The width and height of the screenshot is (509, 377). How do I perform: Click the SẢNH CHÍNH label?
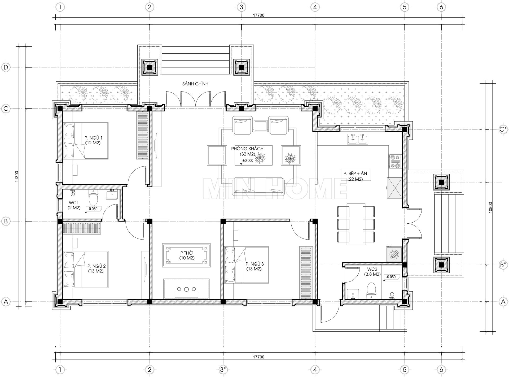pos(195,84)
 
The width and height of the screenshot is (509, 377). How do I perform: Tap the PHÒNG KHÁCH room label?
pos(247,149)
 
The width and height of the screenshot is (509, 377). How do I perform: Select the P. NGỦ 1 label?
pos(93,138)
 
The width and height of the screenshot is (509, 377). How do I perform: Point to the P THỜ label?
pos(187,253)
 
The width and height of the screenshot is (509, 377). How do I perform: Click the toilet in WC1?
pos(93,197)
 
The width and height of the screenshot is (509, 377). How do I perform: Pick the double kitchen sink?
pos(357,139)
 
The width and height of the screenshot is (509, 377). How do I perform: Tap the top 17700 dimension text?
pos(258,15)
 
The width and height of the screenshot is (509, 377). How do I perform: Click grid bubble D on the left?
pos(6,67)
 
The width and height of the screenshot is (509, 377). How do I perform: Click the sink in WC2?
pos(353,293)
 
